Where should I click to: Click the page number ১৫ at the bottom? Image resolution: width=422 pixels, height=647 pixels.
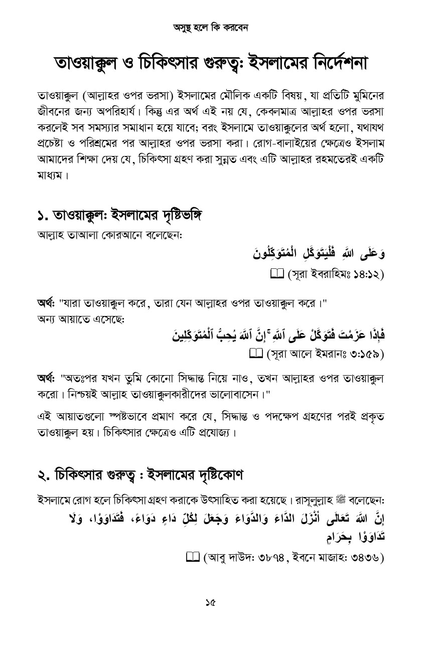(x=210, y=603)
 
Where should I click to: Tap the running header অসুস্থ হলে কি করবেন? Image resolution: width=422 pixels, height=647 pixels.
(x=211, y=27)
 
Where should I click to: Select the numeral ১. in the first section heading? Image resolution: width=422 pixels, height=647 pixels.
(x=44, y=217)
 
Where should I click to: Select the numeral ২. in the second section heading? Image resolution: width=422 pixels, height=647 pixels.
(x=44, y=474)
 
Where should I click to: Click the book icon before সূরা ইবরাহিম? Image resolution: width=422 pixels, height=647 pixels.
(x=277, y=274)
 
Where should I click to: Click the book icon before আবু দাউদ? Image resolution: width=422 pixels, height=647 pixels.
(x=192, y=557)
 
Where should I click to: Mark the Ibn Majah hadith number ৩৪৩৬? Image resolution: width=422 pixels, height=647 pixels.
(x=361, y=558)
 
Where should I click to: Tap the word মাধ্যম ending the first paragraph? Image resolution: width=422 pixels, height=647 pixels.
(x=50, y=177)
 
